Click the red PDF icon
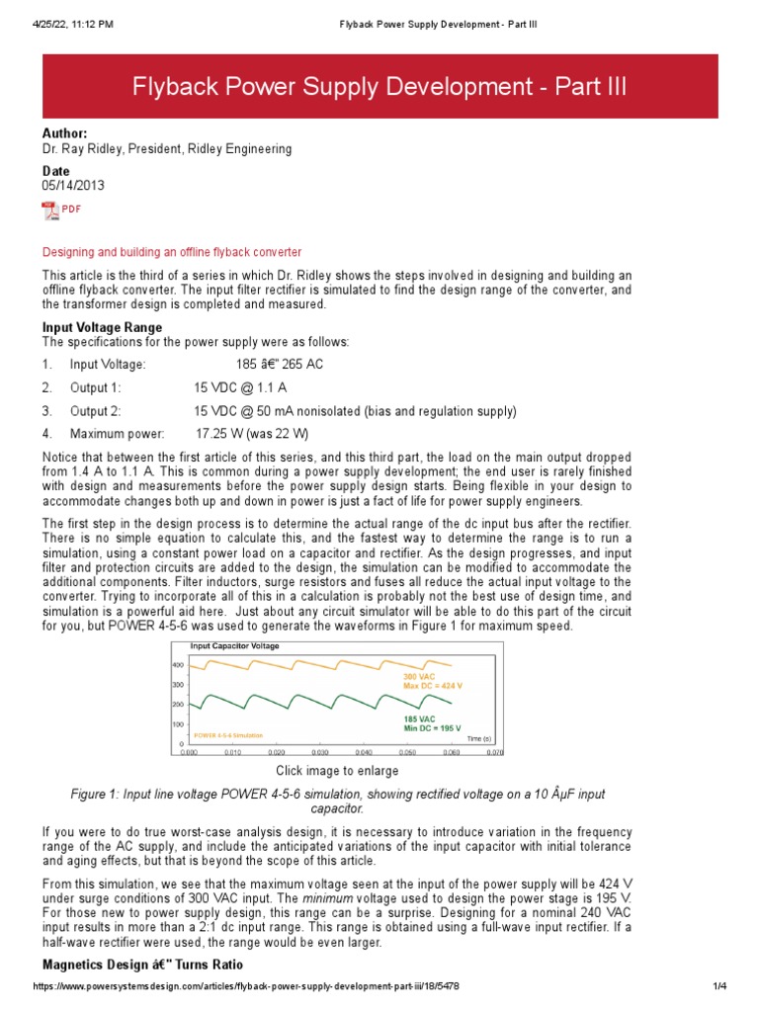point(50,210)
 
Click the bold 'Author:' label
point(65,132)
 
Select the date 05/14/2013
point(73,185)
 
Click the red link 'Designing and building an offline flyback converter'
point(171,252)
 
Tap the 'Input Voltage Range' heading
point(102,327)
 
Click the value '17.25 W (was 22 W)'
point(252,433)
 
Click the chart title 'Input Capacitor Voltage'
point(234,645)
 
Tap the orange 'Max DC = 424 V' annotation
point(433,685)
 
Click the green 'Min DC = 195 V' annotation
point(433,728)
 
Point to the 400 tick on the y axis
point(178,665)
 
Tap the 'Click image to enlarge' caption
point(337,770)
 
